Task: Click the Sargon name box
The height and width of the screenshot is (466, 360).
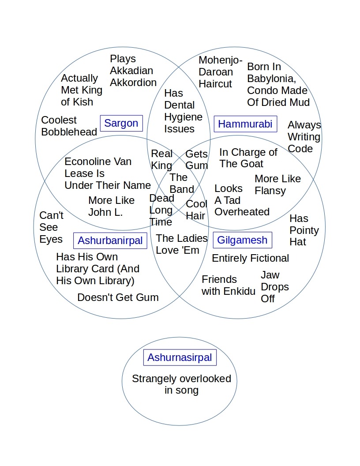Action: tap(121, 123)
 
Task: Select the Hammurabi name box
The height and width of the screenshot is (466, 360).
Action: tap(245, 124)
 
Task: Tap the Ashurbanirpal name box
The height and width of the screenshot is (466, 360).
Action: tap(110, 241)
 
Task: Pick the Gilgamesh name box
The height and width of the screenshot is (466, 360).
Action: tap(242, 240)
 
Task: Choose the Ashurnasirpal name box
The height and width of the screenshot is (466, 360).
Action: tap(180, 357)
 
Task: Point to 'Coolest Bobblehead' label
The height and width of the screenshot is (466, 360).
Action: tap(69, 126)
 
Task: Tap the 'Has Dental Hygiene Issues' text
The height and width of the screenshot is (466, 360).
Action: tap(183, 111)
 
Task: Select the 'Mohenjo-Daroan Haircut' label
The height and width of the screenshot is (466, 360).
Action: tap(220, 72)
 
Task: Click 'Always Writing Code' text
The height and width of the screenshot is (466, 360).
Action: tap(304, 137)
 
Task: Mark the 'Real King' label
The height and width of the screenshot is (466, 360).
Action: tap(161, 159)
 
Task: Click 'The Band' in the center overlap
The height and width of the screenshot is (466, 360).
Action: tap(181, 183)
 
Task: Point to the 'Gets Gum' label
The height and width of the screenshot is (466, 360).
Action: tap(196, 159)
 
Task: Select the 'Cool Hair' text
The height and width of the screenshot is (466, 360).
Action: tap(196, 210)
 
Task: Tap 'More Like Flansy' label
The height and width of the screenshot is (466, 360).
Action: tap(277, 184)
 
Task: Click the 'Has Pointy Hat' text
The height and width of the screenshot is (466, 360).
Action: tap(304, 230)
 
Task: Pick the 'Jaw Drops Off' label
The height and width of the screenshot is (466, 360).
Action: tap(274, 287)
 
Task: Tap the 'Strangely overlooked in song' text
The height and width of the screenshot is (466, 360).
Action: tap(181, 384)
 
